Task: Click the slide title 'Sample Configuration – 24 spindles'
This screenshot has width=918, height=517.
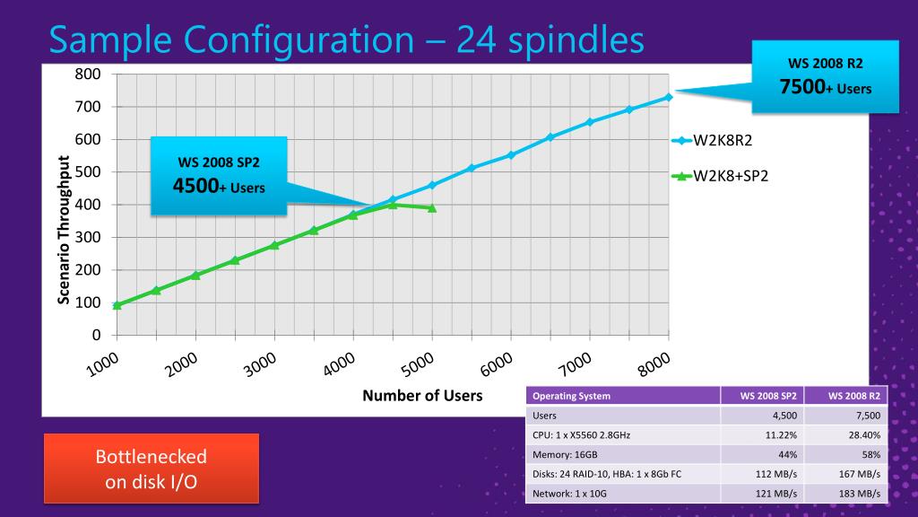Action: click(346, 40)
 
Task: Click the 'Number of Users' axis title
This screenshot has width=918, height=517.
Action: click(422, 395)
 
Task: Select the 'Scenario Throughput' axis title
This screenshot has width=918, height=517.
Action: click(65, 230)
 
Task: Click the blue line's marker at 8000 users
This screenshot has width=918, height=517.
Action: click(668, 97)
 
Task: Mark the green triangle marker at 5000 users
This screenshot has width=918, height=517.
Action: click(432, 207)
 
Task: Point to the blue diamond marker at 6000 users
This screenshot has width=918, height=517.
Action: click(511, 154)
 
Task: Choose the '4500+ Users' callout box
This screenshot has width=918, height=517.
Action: click(218, 176)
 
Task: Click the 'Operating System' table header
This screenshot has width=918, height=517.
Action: click(571, 396)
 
